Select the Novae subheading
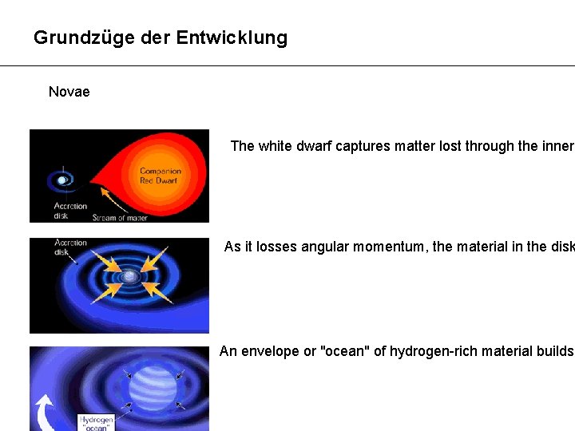(x=69, y=92)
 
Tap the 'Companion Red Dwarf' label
(x=161, y=176)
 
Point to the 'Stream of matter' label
(x=120, y=217)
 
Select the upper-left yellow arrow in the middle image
(x=104, y=257)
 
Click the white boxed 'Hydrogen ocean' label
(x=97, y=424)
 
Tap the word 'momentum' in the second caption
(x=391, y=247)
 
